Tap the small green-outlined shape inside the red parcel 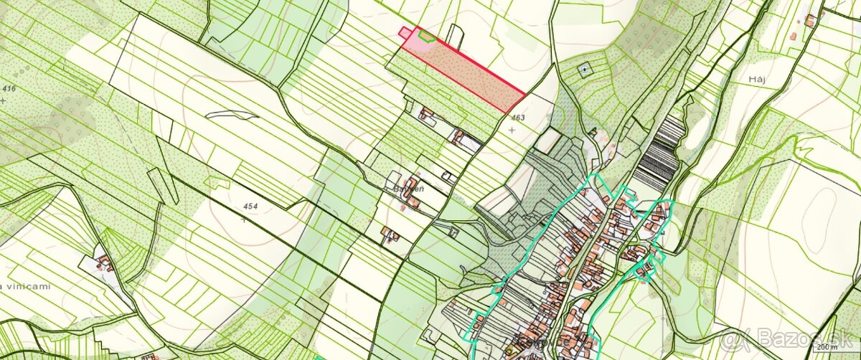(x=425, y=35)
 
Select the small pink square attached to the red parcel (x=405, y=31)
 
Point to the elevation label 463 (x=518, y=117)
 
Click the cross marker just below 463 (x=511, y=130)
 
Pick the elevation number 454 (x=250, y=207)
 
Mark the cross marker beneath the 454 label (x=244, y=219)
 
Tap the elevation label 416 (x=9, y=88)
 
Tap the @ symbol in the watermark (x=730, y=338)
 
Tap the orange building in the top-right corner (x=809, y=20)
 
